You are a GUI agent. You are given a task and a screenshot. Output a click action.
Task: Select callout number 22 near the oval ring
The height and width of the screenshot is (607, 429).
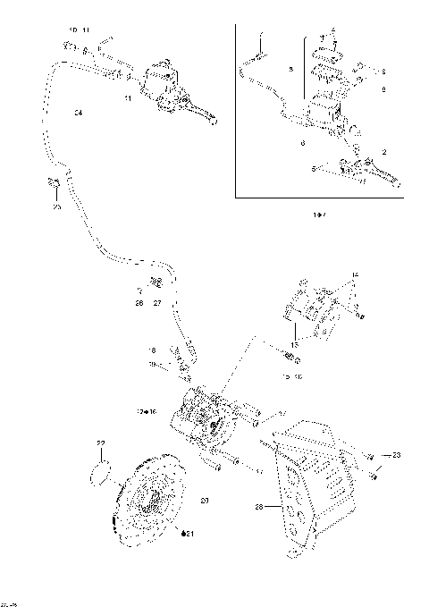[x=101, y=444]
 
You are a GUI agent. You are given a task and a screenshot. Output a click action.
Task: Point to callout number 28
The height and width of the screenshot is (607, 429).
[x=259, y=507]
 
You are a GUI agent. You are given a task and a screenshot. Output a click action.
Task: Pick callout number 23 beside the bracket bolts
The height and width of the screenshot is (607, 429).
[x=396, y=456]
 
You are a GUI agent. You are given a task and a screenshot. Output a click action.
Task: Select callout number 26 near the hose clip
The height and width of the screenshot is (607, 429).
[x=139, y=303]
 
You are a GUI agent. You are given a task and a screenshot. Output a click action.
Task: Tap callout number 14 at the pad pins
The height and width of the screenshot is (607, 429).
[x=354, y=273]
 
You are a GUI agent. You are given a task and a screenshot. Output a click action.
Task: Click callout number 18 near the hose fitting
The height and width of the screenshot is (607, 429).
[x=152, y=350]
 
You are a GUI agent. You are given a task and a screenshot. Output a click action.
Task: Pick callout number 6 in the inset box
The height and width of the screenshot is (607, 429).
[x=303, y=143]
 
